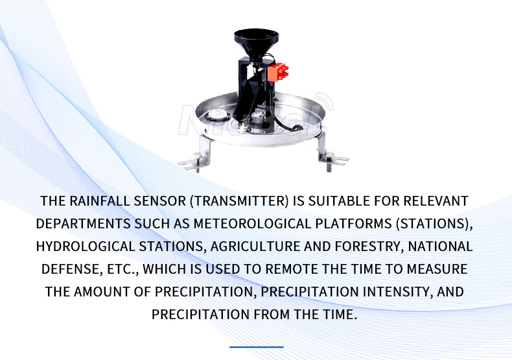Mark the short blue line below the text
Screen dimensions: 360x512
pyautogui.click(x=256, y=347)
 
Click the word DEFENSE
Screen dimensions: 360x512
pyautogui.click(x=70, y=269)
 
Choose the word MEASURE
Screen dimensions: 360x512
pyautogui.click(x=436, y=269)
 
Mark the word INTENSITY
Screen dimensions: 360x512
pyautogui.click(x=395, y=292)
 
